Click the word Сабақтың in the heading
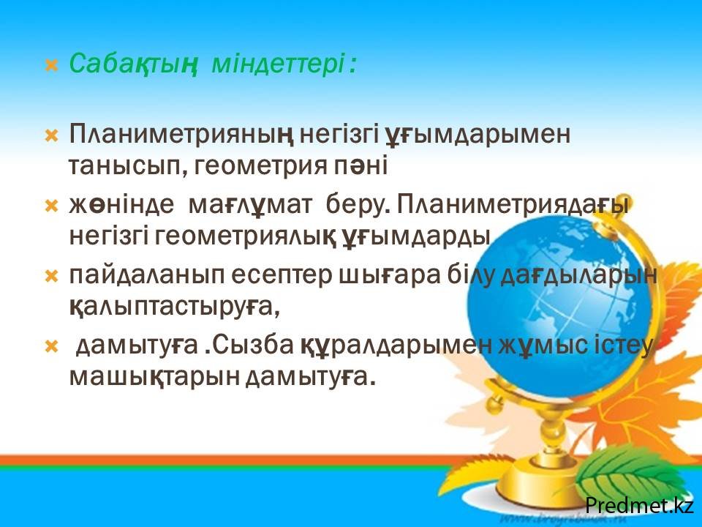(x=133, y=64)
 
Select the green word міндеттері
(x=279, y=63)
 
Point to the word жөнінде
(x=121, y=205)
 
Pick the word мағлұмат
(x=250, y=205)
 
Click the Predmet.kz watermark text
(x=640, y=505)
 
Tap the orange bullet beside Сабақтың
(x=52, y=66)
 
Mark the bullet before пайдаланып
(x=52, y=277)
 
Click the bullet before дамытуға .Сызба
(x=52, y=346)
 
